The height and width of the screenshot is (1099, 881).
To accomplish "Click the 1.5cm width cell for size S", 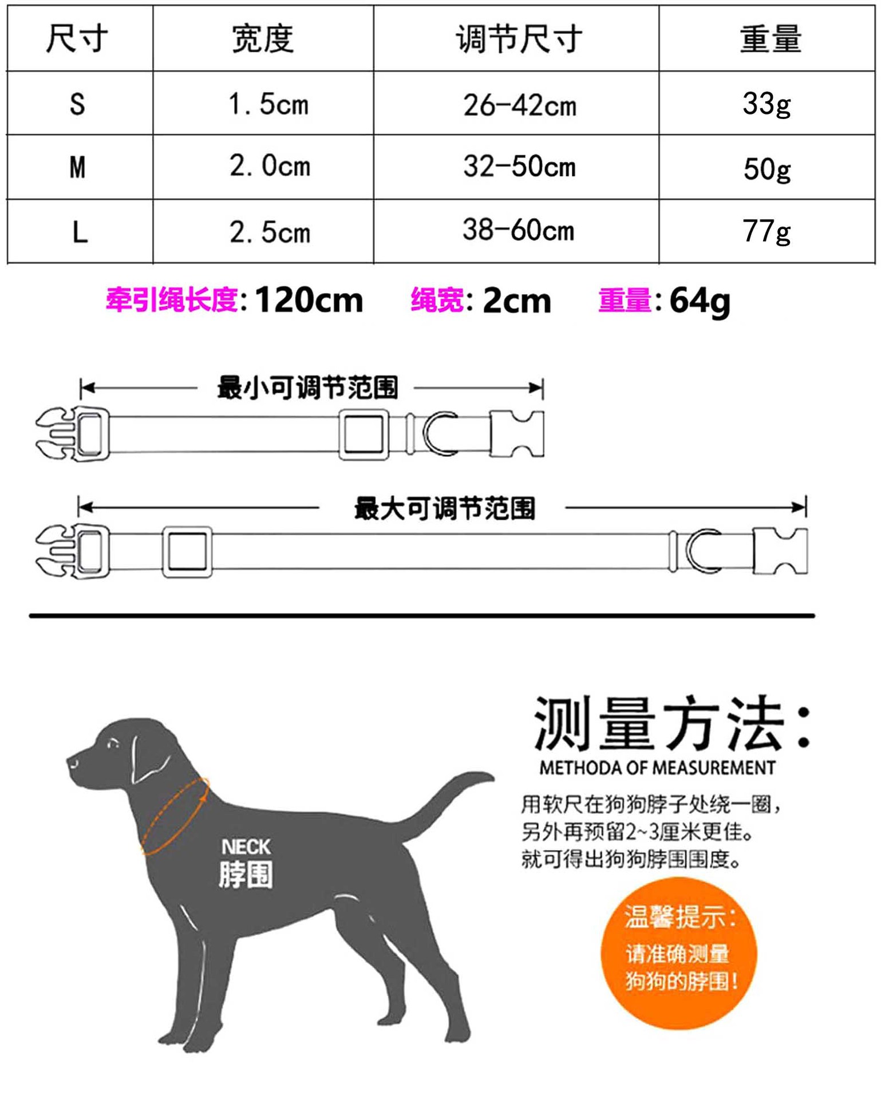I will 268,104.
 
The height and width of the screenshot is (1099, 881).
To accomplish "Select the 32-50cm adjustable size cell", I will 519,167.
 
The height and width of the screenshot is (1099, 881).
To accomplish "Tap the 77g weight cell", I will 767,231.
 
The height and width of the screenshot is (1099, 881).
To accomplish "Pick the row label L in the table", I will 80,232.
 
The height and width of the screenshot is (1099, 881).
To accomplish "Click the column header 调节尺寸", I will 519,39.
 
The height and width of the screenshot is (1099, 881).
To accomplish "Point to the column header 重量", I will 770,39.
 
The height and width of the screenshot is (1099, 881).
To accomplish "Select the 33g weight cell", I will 767,104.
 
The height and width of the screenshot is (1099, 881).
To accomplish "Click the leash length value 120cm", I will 309,300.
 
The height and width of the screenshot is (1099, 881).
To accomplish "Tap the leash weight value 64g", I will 700,300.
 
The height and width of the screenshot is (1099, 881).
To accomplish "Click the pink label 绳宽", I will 437,300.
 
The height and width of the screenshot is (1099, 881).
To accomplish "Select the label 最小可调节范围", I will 307,388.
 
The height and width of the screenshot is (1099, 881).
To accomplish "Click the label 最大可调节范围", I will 444,508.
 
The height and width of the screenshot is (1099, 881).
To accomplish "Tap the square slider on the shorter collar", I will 364,434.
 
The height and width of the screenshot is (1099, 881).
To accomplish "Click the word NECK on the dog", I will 246,847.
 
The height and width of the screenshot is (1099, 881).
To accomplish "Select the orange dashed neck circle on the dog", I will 175,816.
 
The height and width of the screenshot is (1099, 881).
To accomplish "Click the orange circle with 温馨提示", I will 679,953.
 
